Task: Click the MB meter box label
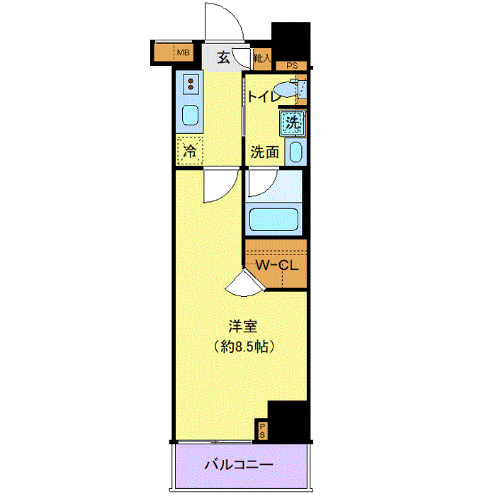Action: [x=184, y=52]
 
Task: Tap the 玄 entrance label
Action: [x=222, y=58]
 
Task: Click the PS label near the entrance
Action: [x=291, y=66]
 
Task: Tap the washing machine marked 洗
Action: [x=292, y=123]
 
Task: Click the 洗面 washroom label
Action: [x=264, y=152]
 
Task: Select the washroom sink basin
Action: [x=296, y=151]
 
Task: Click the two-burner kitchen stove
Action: [x=191, y=86]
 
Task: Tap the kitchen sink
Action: [x=191, y=114]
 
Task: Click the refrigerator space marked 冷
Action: [x=190, y=150]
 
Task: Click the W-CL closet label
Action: [x=276, y=266]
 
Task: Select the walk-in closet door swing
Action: [x=244, y=283]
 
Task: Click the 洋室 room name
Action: [x=242, y=327]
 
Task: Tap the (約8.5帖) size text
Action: [x=242, y=347]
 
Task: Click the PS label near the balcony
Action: [x=262, y=429]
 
